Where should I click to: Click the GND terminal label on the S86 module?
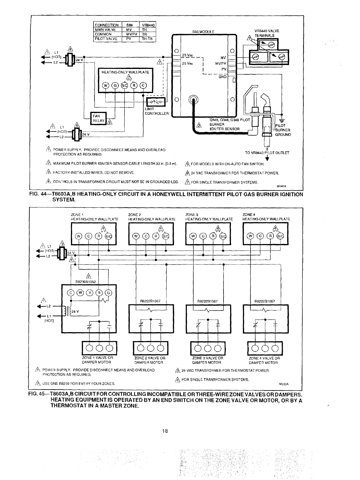tap(223, 77)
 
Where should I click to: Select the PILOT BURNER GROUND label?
tap(283, 130)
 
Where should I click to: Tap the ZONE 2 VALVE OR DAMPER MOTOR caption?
tap(150, 360)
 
